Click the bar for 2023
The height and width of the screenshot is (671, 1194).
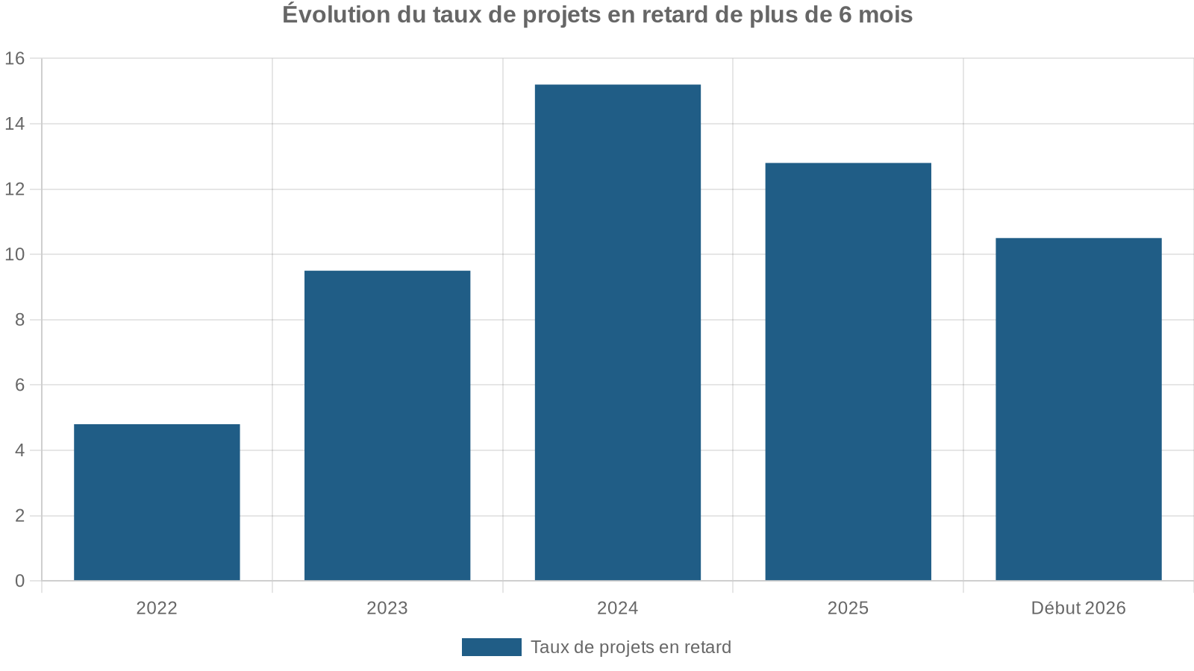click(387, 425)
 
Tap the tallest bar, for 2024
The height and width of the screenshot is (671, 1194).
click(618, 333)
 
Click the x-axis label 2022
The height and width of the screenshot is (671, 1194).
click(157, 608)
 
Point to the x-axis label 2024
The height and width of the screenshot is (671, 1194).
click(618, 608)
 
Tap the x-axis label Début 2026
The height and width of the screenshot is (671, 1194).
click(1078, 608)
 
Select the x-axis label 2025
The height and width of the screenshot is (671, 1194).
click(848, 608)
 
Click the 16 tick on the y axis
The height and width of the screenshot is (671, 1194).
click(15, 58)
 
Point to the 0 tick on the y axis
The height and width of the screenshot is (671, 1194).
click(19, 581)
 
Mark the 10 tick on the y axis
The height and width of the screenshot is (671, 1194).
click(15, 254)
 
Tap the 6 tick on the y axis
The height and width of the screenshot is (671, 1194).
click(19, 385)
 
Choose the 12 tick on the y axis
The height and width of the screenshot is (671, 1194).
click(15, 189)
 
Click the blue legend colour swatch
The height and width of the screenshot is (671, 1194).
click(491, 647)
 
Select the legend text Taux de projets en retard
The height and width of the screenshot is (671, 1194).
click(631, 647)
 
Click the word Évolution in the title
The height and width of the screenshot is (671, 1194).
click(336, 14)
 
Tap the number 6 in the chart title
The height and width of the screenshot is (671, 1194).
click(845, 14)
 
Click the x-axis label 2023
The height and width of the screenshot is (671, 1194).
click(387, 608)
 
